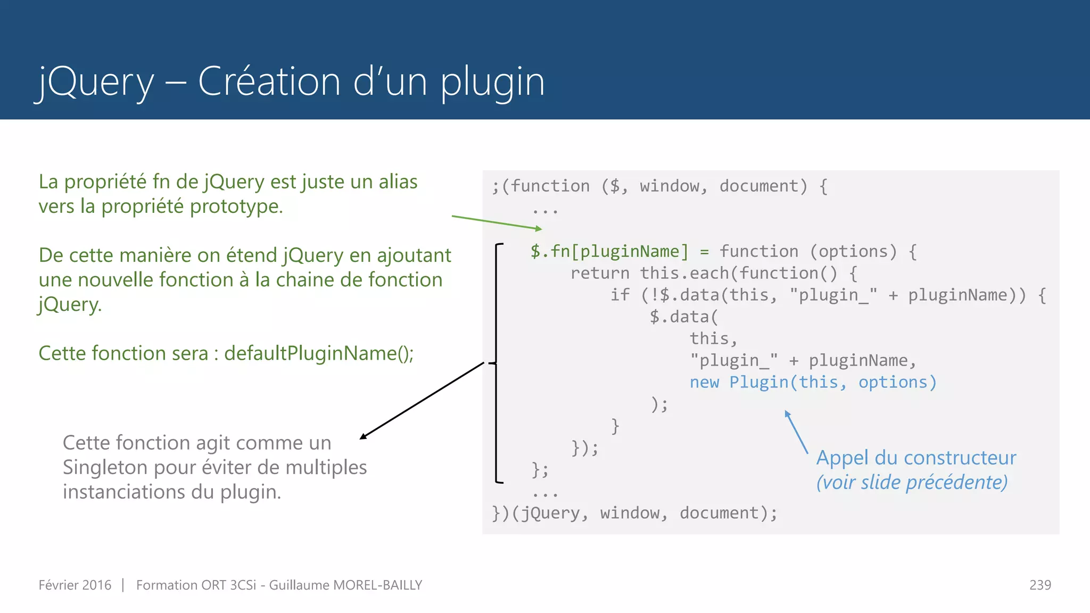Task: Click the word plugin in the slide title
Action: [492, 82]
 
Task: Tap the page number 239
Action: [1040, 585]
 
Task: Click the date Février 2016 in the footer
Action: [75, 585]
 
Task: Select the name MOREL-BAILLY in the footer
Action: [377, 585]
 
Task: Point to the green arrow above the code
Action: [496, 222]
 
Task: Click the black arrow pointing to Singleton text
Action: [422, 401]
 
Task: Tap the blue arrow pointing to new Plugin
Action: [796, 432]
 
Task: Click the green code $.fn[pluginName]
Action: [609, 251]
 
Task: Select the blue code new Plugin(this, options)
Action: [813, 382]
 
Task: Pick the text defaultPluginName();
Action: [319, 353]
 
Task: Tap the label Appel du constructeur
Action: [916, 458]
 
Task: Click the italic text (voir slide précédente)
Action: [912, 482]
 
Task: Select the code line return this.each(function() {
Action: [713, 273]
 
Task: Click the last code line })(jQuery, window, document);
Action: [634, 513]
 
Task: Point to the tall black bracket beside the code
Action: [497, 363]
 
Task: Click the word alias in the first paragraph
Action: [398, 182]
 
